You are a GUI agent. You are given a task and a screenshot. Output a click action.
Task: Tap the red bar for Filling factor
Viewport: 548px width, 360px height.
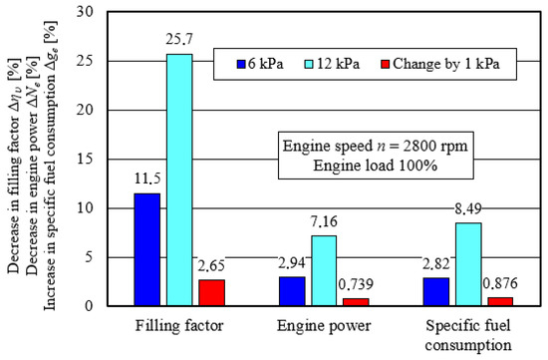pos(212,293)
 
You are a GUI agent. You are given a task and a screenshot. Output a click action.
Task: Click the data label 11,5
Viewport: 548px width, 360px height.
pos(147,180)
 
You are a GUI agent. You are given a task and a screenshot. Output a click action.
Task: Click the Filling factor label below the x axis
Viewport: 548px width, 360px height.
pos(179,326)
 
